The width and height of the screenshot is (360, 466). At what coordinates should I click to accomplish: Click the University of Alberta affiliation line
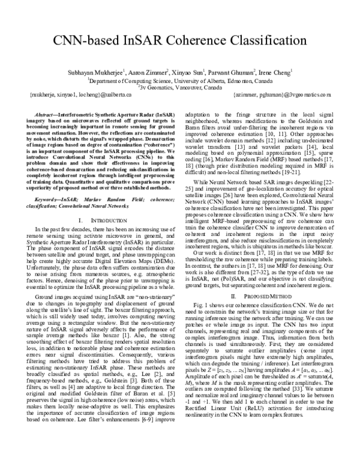pos(180,78)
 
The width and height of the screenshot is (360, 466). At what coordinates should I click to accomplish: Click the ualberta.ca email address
pos(67,95)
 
